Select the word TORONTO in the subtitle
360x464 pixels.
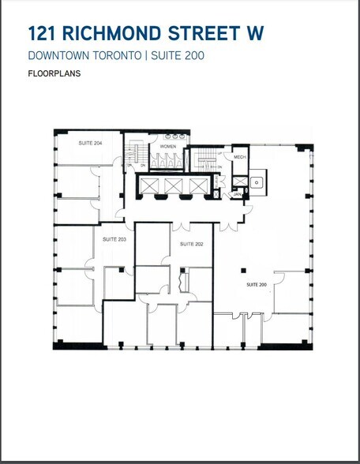tap(115, 55)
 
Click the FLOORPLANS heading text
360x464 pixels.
tap(54, 74)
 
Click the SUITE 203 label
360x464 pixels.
tap(115, 238)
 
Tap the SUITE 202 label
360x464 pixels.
tap(192, 244)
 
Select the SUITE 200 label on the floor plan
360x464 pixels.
tap(257, 283)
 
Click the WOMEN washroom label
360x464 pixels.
tap(167, 147)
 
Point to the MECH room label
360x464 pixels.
tap(239, 158)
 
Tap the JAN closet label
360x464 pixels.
tap(236, 193)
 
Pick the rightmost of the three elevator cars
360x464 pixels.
tap(197, 185)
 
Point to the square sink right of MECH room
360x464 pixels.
tap(256, 182)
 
